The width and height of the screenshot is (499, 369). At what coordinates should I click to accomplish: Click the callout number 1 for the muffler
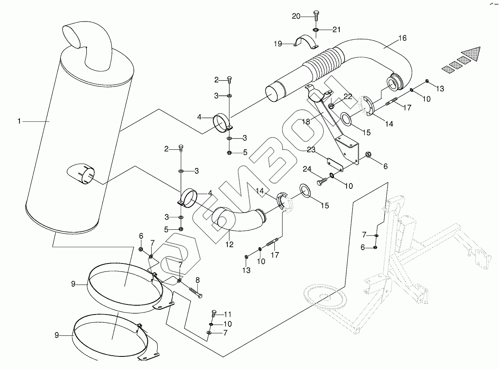click(19, 121)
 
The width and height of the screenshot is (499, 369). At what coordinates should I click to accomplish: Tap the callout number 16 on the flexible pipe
click(402, 38)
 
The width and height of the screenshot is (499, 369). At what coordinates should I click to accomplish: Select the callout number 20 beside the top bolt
click(296, 16)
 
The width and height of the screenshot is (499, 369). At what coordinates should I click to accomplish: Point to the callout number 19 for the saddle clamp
click(278, 44)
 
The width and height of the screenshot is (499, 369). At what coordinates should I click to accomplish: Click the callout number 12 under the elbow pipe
click(229, 244)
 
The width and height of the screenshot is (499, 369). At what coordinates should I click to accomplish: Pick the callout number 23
click(311, 149)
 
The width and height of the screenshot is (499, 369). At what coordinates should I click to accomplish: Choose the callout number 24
click(307, 169)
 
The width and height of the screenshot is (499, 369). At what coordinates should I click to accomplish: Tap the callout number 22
click(348, 97)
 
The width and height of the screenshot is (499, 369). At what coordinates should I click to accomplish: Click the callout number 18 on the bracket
click(306, 122)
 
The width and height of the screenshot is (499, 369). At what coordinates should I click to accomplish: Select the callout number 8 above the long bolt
click(197, 280)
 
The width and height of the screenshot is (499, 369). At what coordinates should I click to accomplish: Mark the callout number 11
click(228, 314)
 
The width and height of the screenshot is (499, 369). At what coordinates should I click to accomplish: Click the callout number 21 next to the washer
click(336, 30)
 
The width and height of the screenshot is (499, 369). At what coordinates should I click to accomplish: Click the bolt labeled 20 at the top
click(316, 15)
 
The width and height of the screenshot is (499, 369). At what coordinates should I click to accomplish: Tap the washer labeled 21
click(316, 30)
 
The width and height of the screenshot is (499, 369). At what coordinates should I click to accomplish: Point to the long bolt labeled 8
click(196, 293)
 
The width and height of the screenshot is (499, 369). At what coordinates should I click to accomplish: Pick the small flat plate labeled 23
click(335, 165)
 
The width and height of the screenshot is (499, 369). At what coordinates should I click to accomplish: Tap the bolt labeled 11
click(214, 313)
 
